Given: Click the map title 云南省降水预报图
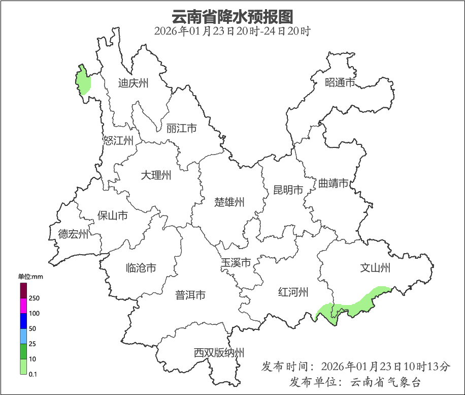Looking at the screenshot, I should [232, 17].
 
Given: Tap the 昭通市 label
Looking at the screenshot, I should [340, 82].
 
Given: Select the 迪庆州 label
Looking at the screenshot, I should [133, 83].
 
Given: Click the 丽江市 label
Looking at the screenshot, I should [181, 129].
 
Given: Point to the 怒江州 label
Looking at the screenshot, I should [118, 141].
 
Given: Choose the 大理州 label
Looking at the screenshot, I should [156, 175].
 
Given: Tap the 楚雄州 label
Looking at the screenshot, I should [229, 202].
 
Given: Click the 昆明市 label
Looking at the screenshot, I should [288, 190].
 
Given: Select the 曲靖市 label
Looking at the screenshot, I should [334, 183].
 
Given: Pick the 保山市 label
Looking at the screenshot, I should [113, 216].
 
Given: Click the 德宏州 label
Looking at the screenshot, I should [73, 234].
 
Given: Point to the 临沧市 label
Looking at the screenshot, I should [141, 268].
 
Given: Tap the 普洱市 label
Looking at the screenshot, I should [190, 295].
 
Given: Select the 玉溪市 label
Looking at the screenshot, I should [236, 263].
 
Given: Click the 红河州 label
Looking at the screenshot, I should [293, 292].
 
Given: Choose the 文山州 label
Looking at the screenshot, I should [375, 268].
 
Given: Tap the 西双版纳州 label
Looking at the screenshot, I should [219, 353].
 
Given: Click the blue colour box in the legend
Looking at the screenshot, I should [23, 321].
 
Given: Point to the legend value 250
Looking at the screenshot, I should [35, 298].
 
